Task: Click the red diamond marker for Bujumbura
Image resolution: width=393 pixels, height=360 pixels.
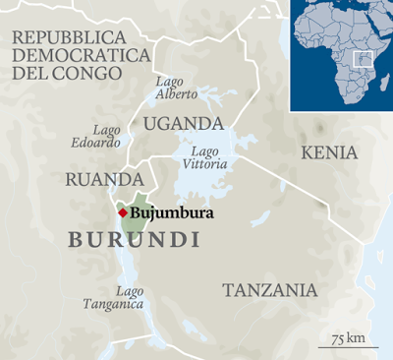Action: pyautogui.click(x=122, y=211)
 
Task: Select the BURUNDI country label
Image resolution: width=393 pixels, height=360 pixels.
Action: pyautogui.click(x=134, y=240)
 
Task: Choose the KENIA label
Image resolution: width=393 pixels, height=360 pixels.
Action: pyautogui.click(x=329, y=153)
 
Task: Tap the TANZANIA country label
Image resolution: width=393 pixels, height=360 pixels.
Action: pyautogui.click(x=269, y=290)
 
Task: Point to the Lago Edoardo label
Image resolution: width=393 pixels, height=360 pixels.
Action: pyautogui.click(x=106, y=136)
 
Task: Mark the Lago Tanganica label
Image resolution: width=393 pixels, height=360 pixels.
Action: pyautogui.click(x=130, y=298)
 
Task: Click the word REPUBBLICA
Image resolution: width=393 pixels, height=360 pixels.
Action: pyautogui.click(x=68, y=37)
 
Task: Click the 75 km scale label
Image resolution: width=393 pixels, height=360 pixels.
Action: pyautogui.click(x=349, y=338)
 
